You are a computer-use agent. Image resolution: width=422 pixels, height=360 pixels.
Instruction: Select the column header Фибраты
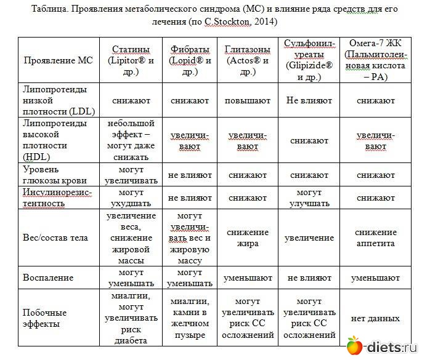189,60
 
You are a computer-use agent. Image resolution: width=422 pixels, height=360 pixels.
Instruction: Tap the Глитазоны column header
247,60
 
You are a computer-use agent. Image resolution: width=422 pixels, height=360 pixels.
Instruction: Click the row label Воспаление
48,278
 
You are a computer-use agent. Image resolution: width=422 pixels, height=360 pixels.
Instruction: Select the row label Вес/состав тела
55,238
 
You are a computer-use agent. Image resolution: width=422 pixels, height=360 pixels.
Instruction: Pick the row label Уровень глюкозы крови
55,175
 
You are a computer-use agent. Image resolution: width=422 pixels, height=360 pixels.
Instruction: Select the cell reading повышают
247,99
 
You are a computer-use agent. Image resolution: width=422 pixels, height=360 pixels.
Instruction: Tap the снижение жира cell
247,238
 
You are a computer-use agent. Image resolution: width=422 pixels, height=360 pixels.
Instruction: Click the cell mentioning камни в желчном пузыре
189,318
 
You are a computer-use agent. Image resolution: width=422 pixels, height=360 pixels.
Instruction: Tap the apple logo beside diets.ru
355,346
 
